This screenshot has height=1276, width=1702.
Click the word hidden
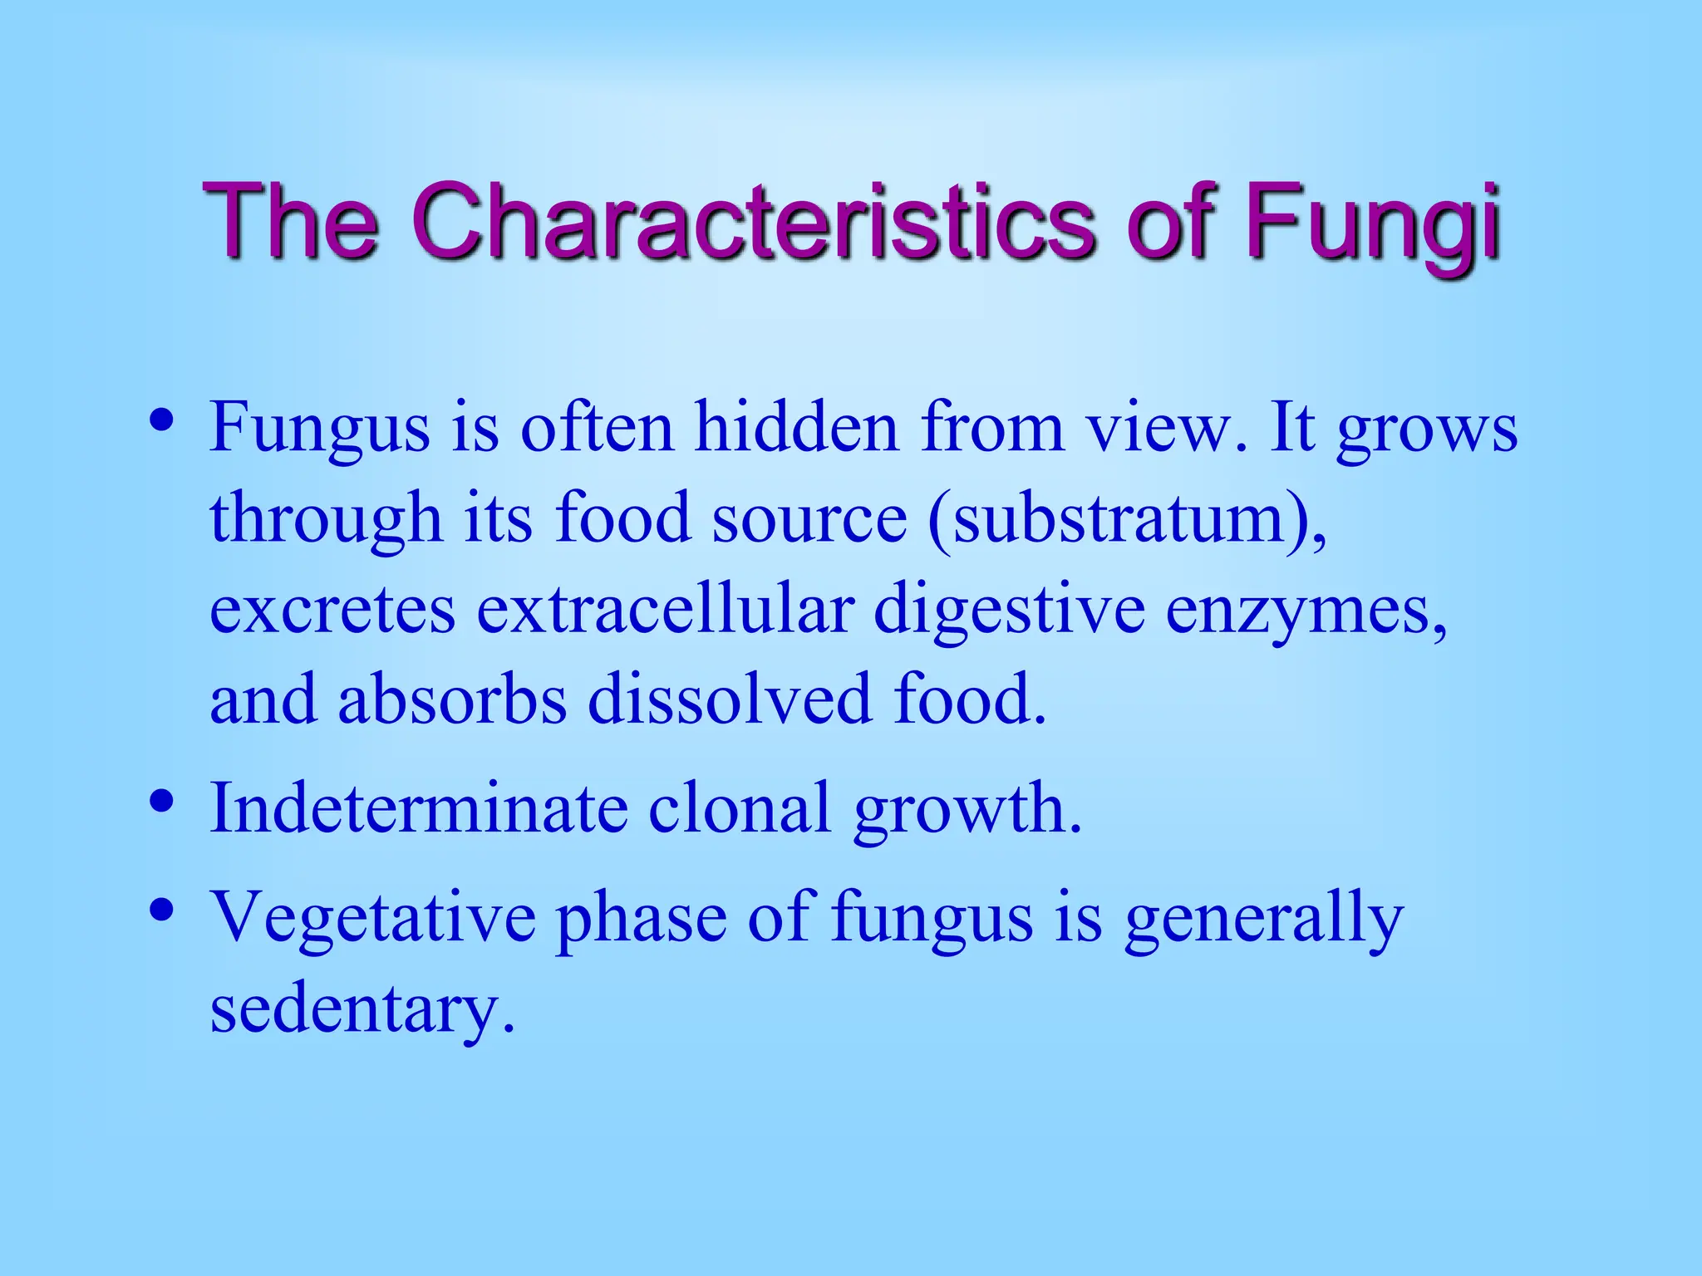point(796,427)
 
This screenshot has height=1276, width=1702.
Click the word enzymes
point(1305,611)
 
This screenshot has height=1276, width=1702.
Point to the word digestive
point(1009,611)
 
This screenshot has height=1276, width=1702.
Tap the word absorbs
point(452,699)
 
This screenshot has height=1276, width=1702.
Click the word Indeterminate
point(419,807)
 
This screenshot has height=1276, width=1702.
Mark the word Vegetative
point(372,917)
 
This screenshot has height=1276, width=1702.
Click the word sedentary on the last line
point(362,1009)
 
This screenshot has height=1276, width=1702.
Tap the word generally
point(1263,919)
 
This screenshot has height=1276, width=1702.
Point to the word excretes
point(332,611)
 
